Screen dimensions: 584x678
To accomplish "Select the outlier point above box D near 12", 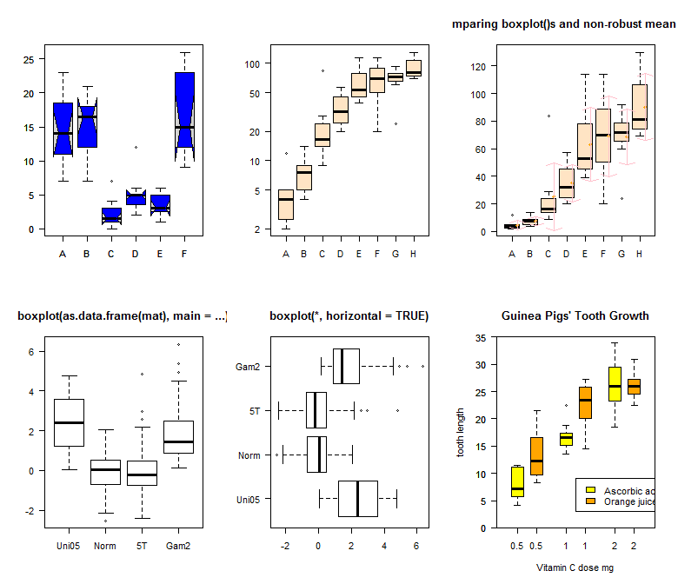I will click(136, 148).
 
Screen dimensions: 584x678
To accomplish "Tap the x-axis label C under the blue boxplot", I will click(111, 254).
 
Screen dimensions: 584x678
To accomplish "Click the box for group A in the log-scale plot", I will click(286, 204).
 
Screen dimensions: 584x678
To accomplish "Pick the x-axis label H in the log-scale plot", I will click(414, 254).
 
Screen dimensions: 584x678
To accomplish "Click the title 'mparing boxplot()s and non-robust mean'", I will click(563, 24).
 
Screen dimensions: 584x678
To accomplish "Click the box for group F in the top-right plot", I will click(602, 135).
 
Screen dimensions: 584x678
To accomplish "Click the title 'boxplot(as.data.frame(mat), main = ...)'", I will click(122, 315).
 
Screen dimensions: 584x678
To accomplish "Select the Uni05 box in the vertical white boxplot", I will click(69, 422).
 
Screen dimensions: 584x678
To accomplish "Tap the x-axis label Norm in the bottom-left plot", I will click(105, 546).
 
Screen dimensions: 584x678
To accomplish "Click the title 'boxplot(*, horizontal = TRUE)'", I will click(349, 315).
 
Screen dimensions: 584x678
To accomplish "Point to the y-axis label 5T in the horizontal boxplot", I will click(255, 410).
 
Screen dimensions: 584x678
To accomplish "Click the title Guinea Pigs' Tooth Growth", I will click(575, 315).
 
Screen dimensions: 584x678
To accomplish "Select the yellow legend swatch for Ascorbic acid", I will click(591, 491).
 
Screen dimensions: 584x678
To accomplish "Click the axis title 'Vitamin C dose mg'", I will click(575, 567).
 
